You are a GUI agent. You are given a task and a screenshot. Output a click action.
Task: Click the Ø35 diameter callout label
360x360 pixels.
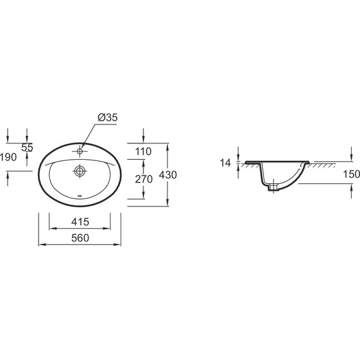(107, 117)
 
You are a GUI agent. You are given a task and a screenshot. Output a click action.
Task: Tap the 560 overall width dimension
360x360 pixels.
(80, 238)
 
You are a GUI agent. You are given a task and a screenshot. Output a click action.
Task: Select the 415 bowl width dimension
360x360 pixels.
(80, 222)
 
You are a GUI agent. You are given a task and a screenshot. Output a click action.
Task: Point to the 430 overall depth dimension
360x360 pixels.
(168, 175)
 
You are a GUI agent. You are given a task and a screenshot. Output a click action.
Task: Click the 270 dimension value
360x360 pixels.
(144, 179)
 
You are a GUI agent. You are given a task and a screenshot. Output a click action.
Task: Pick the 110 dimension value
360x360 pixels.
(143, 152)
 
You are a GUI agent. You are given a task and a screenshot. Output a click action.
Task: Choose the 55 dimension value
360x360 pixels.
(27, 147)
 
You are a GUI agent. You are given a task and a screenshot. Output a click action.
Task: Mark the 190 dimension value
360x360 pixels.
(8, 157)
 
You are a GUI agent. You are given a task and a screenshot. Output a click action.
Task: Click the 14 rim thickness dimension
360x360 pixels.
(225, 163)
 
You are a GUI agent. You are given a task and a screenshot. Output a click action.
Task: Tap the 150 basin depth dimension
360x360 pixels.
(352, 174)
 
